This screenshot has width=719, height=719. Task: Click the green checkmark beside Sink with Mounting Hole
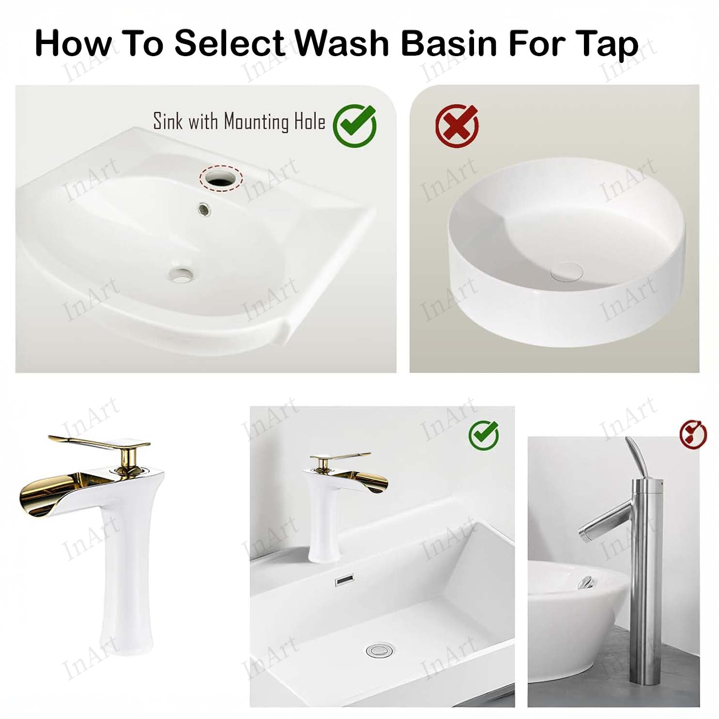coord(355,125)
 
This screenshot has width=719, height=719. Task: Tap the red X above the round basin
coord(457,125)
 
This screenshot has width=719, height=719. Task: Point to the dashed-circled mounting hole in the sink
coord(221,177)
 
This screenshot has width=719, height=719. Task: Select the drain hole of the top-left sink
coord(182,275)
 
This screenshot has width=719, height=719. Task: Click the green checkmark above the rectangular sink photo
coord(483,434)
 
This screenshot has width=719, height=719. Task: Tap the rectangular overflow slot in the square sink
coord(345,579)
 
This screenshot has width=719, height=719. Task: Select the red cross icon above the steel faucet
coord(692,434)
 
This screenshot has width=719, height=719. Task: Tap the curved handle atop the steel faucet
coord(639,457)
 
